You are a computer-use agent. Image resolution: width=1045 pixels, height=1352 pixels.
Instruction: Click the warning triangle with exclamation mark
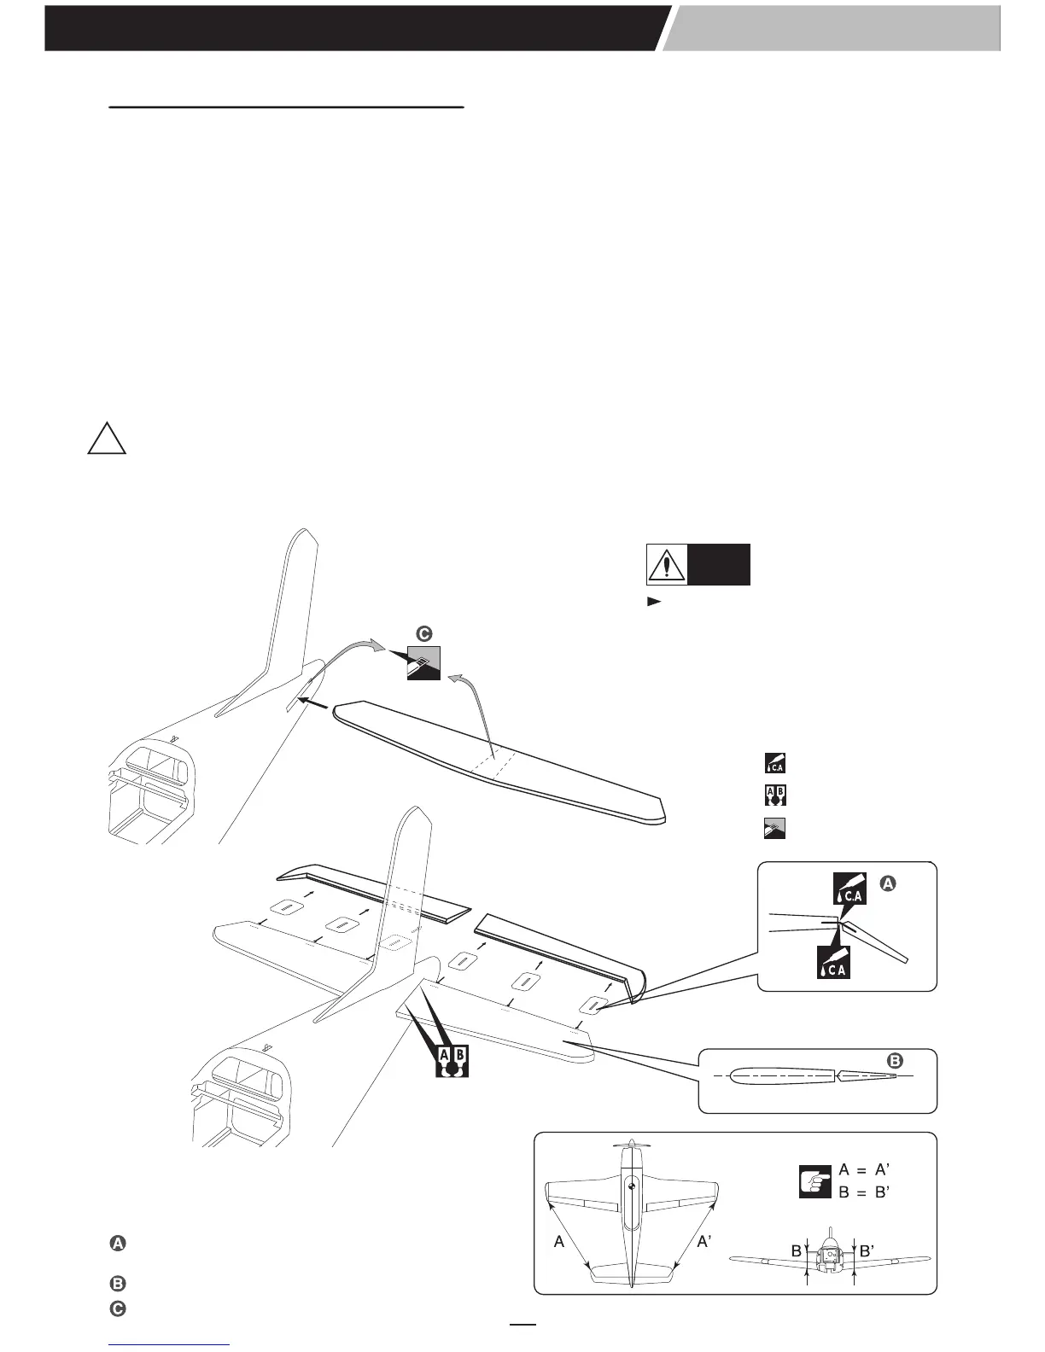(665, 564)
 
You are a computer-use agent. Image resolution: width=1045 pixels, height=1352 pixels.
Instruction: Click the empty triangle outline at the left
(107, 439)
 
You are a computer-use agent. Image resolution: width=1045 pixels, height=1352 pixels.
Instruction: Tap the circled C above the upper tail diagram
(424, 633)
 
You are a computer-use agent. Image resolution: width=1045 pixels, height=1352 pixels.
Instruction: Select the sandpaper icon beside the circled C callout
(423, 663)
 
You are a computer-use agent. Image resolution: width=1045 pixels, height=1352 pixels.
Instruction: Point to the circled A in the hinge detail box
(887, 886)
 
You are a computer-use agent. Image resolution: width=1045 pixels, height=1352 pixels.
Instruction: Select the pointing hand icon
(815, 1181)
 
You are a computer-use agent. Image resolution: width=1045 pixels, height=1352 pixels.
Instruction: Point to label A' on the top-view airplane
(705, 1243)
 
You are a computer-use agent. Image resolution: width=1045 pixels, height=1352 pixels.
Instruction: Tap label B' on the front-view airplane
(867, 1251)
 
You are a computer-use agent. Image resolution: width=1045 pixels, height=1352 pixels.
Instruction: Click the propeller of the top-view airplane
(630, 1144)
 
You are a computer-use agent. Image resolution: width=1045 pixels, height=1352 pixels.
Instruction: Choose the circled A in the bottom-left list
(118, 1244)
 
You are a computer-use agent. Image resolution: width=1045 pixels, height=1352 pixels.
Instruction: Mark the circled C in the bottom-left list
(118, 1308)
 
